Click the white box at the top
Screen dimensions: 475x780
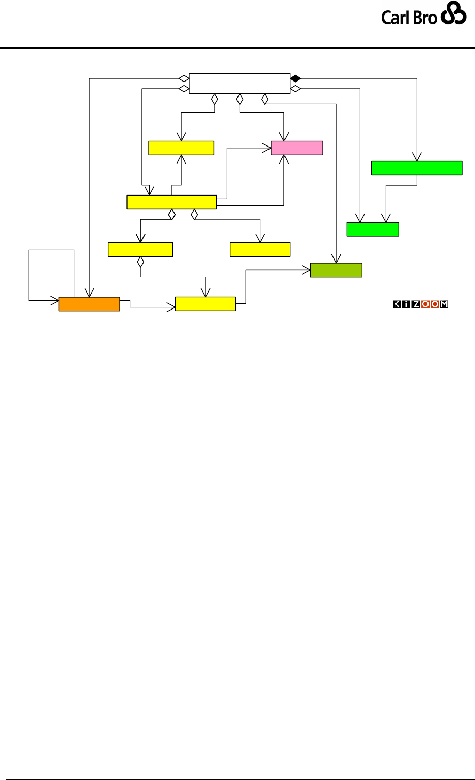[x=240, y=84]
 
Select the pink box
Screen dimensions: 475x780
[x=297, y=148]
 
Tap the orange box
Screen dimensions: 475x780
[x=89, y=304]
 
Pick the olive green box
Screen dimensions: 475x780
[x=336, y=270]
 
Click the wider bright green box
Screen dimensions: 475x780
[x=417, y=168]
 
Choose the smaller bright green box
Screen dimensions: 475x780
[x=373, y=229]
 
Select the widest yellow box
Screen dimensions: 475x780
[x=171, y=202]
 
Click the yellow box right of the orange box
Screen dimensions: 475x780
[x=205, y=303]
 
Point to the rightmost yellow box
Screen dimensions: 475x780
[x=260, y=249]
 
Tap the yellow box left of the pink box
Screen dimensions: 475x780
[x=181, y=148]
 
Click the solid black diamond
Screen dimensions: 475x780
[x=295, y=78]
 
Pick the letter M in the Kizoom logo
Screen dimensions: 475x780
[x=444, y=305]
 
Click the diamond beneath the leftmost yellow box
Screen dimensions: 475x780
[x=140, y=262]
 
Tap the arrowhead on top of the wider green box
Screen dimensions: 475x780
[x=417, y=157]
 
